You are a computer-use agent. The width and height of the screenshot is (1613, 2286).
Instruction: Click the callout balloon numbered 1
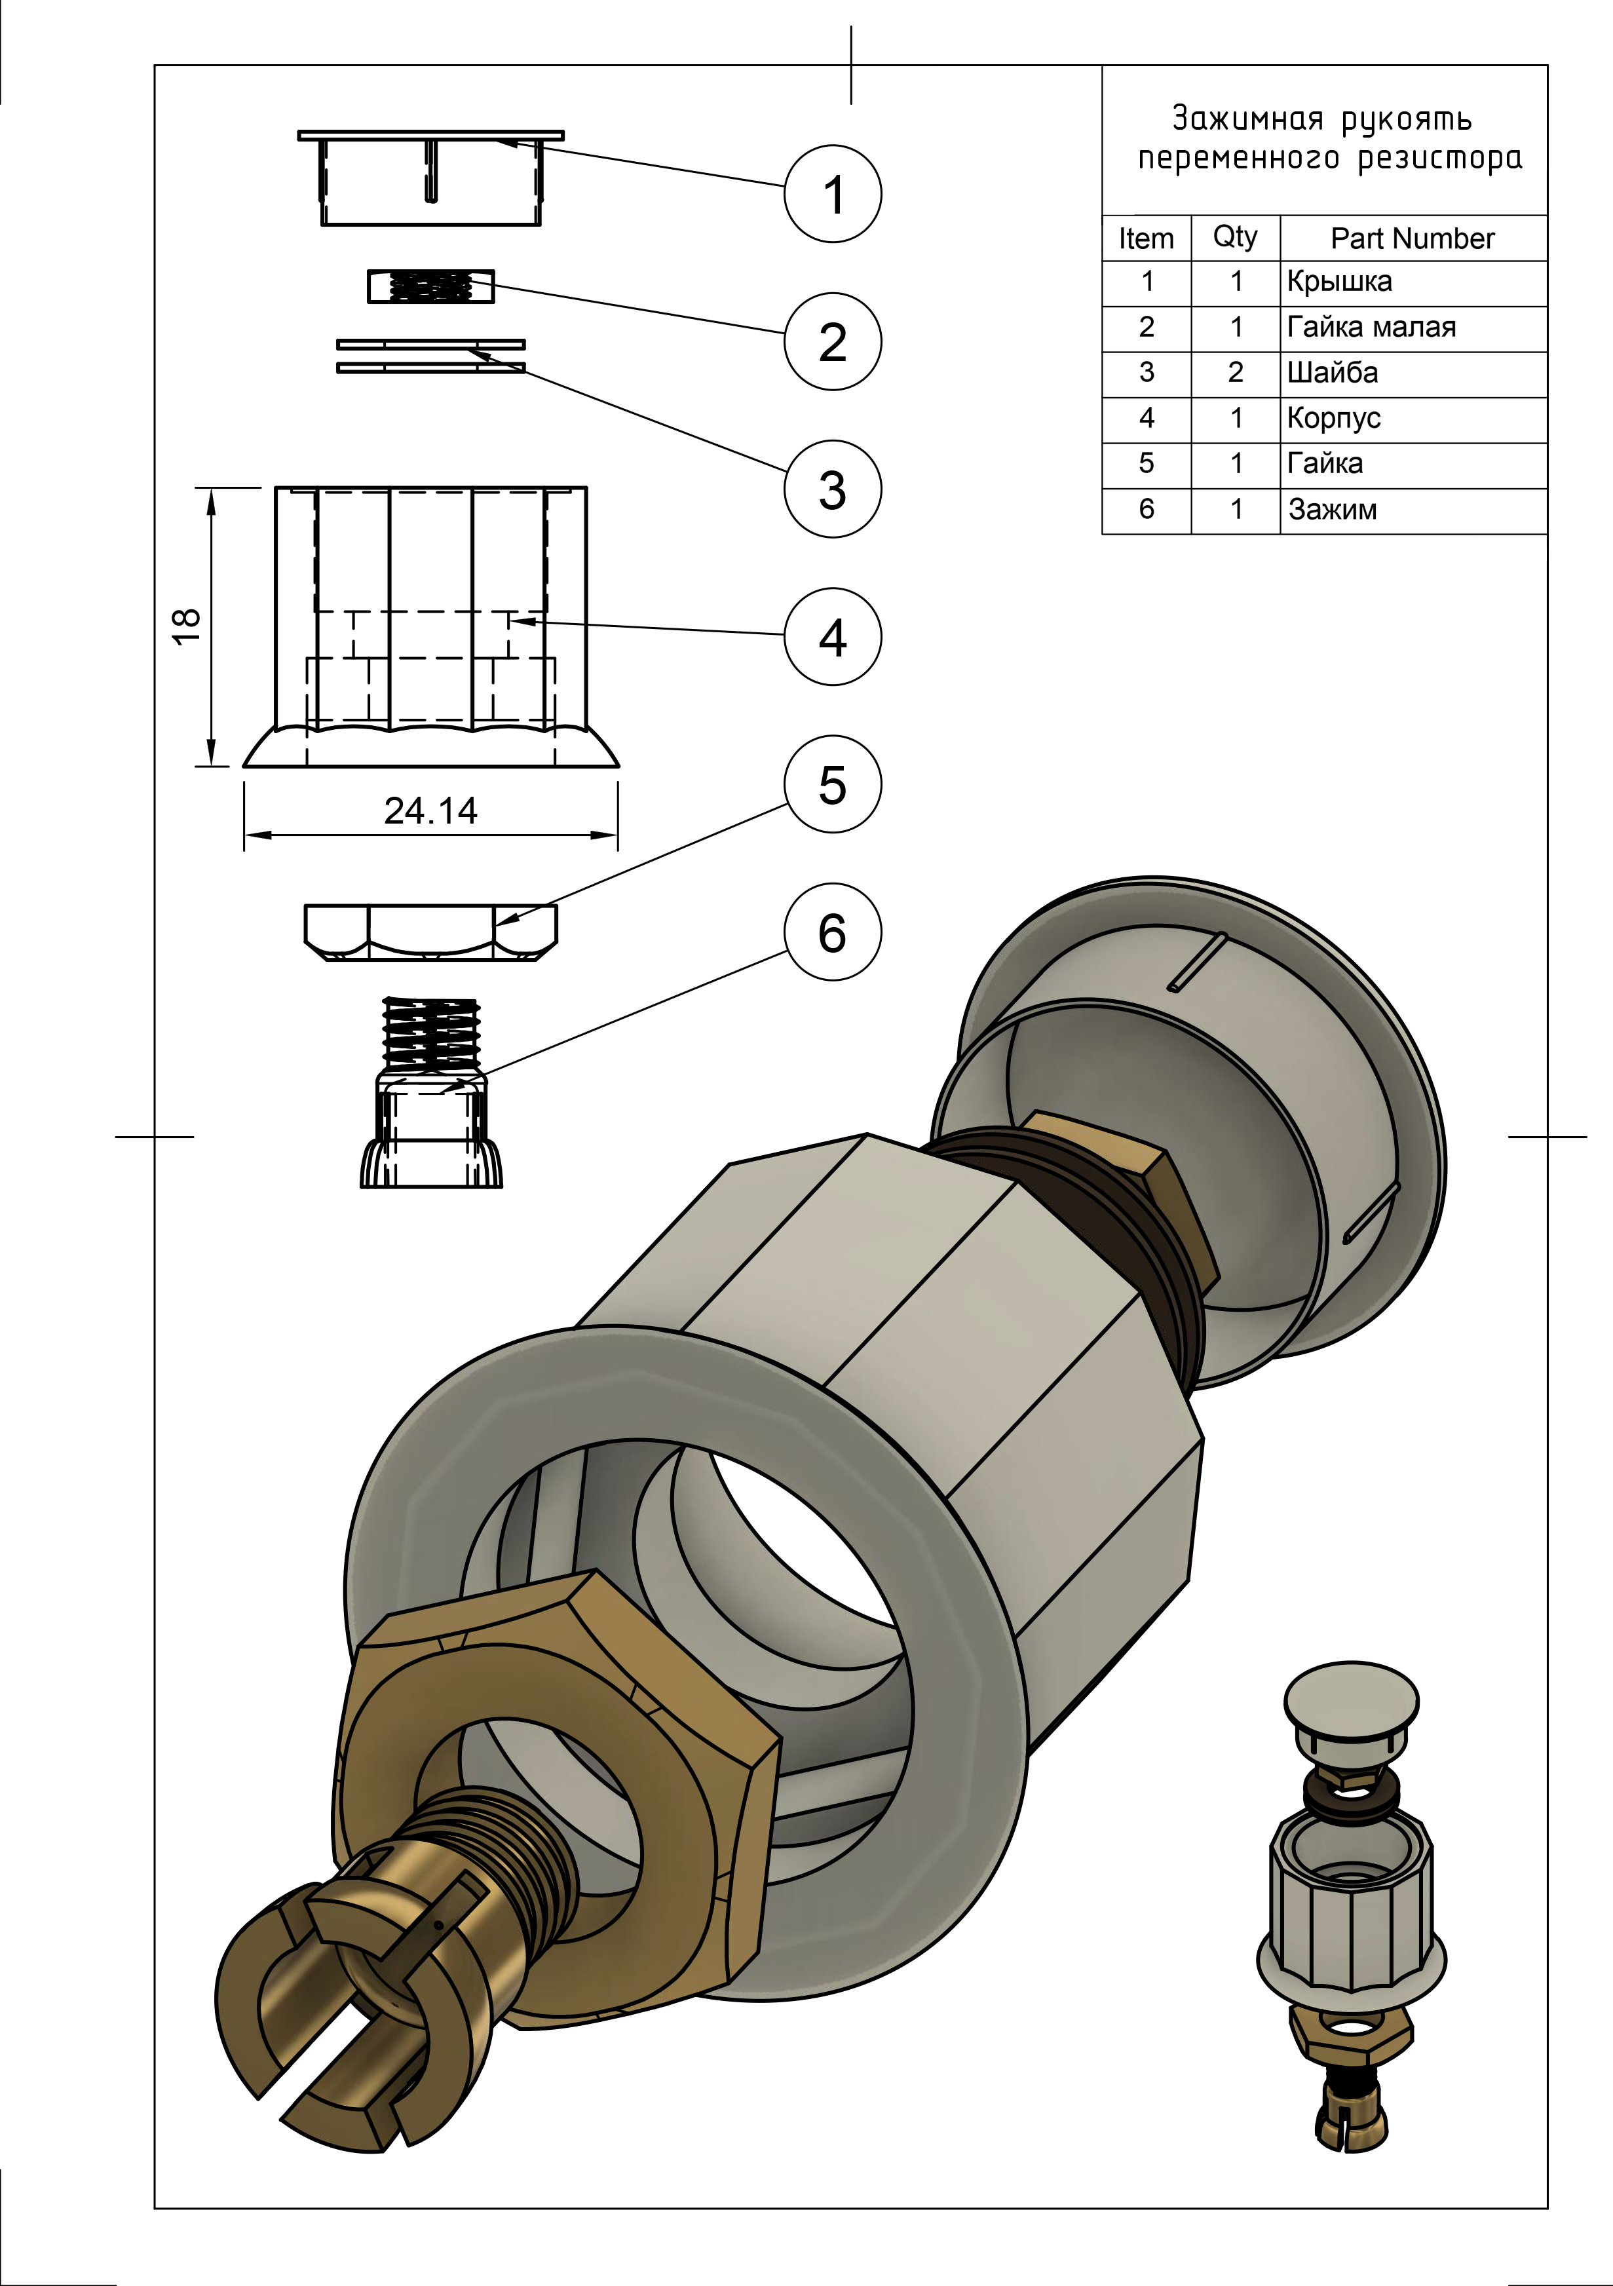pos(833,193)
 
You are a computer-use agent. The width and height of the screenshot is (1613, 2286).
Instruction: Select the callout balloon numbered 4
pos(833,636)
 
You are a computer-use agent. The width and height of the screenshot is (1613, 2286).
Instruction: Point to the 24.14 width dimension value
pos(430,810)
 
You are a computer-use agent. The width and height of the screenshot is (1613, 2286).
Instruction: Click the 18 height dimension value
pos(187,626)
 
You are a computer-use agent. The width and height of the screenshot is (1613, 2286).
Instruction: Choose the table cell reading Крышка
pos(1339,282)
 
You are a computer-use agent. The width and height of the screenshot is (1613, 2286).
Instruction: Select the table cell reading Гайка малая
pos(1371,328)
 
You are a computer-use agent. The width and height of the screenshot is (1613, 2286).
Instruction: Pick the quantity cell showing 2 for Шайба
pos(1236,372)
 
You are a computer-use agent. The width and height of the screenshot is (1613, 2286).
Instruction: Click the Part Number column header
pos(1412,239)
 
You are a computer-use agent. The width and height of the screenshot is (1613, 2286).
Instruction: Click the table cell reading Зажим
pos(1332,510)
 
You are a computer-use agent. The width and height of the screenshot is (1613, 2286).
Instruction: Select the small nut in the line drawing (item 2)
pos(430,287)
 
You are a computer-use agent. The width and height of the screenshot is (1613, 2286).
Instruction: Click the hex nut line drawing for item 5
pos(430,932)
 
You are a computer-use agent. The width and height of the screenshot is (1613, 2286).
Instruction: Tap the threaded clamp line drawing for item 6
pos(431,1095)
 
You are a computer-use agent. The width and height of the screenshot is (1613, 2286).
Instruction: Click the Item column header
pos(1146,239)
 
